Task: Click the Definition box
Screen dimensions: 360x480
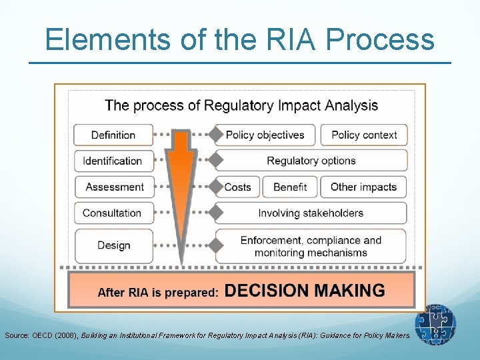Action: point(113,135)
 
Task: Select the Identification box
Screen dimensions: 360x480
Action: point(113,161)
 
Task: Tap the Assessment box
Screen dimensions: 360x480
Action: point(114,187)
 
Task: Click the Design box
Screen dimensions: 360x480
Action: point(113,245)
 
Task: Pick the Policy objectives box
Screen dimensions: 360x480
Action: point(265,135)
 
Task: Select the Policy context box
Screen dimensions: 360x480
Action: point(363,135)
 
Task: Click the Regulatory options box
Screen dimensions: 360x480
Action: point(311,161)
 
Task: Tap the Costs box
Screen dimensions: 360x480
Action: point(238,187)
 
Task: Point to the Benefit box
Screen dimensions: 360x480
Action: point(290,187)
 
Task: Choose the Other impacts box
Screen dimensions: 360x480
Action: point(363,187)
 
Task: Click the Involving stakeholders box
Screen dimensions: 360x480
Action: point(311,213)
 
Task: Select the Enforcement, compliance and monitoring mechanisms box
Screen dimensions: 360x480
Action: point(311,246)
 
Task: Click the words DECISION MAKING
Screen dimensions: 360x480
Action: point(305,291)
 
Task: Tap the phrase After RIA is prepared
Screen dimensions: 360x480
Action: point(157,292)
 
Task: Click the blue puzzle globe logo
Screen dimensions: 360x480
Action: point(435,325)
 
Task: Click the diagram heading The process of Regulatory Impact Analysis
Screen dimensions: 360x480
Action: point(241,105)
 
